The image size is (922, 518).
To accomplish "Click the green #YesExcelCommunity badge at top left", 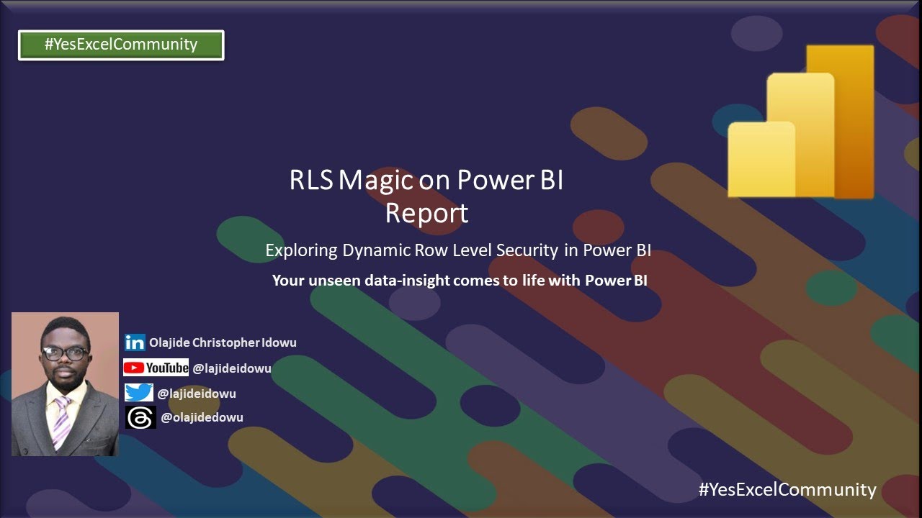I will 121,45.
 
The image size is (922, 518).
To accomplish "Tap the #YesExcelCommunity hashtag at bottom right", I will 787,490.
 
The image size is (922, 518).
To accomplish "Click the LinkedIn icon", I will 135,342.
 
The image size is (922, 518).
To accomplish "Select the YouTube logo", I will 156,368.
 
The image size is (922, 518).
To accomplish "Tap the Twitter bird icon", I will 138,393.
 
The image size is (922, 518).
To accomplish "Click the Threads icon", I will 140,417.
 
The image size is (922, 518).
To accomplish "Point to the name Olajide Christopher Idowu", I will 223,342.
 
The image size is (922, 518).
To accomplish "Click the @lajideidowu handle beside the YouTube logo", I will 231,368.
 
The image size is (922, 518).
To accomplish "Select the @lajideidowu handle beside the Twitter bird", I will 197,394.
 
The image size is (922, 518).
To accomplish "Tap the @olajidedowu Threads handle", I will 202,417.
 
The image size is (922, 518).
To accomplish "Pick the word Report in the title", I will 426,213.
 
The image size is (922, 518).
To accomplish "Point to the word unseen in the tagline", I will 334,281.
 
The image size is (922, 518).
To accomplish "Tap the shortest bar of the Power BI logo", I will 761,160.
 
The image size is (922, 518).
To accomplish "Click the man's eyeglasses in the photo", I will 66,353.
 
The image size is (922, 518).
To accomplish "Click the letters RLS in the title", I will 311,181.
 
